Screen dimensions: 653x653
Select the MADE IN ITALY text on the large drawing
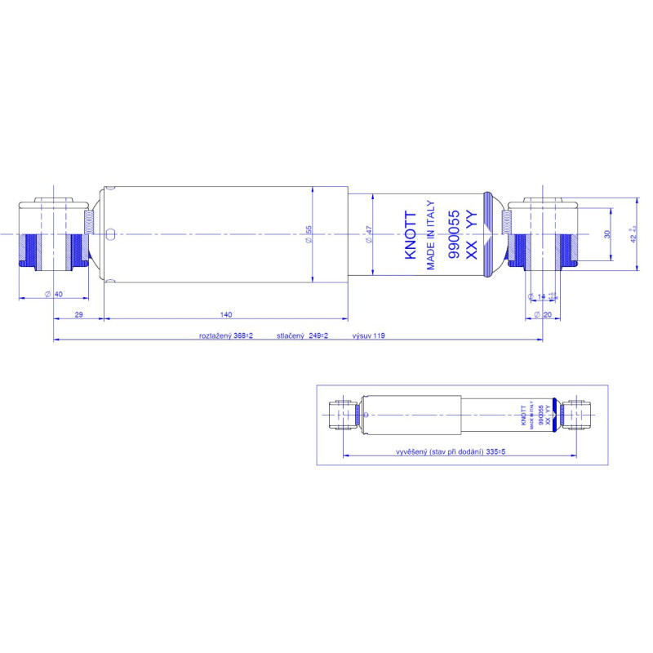coord(431,234)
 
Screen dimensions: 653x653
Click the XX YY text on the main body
coord(470,236)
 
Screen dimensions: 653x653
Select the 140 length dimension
coord(226,314)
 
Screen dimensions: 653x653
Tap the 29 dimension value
coord(78,314)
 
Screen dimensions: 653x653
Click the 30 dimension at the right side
coord(606,234)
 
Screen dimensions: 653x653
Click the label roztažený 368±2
coord(226,335)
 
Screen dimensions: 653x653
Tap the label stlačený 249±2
coord(302,335)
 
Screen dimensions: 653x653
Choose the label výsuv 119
coord(368,335)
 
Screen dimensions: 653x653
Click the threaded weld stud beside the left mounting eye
coord(89,222)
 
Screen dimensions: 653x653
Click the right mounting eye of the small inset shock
coord(578,415)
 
